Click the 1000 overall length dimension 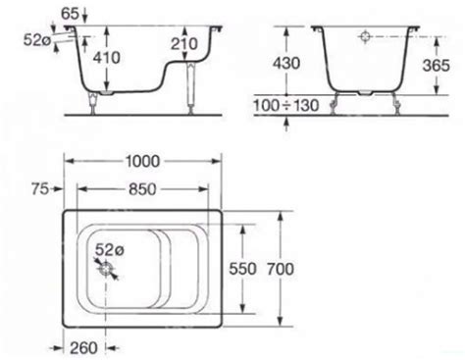[x=143, y=161]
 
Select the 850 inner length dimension [x=142, y=189]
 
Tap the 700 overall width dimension [x=281, y=269]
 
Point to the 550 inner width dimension [x=242, y=269]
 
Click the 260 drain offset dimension [x=83, y=348]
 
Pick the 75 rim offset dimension [x=40, y=189]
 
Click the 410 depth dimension [x=107, y=58]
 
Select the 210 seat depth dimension [x=184, y=43]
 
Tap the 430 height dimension [x=286, y=63]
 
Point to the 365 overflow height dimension [x=437, y=66]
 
